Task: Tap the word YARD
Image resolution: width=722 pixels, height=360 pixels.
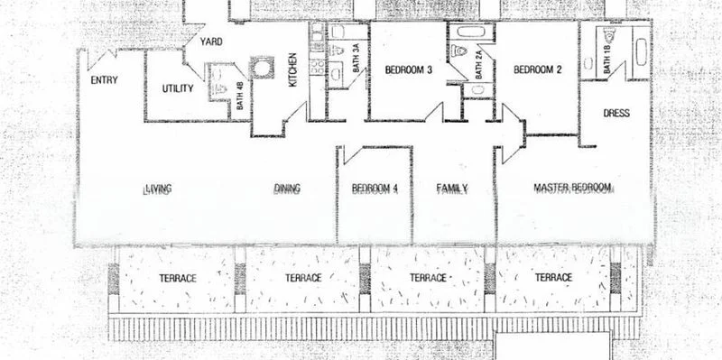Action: pyautogui.click(x=212, y=41)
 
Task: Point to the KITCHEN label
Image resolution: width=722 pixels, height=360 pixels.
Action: pyautogui.click(x=292, y=71)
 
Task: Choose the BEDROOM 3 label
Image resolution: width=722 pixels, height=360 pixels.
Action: pyautogui.click(x=409, y=69)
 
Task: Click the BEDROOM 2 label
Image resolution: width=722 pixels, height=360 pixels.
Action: pyautogui.click(x=537, y=69)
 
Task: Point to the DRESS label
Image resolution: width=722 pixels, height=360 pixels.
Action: pyautogui.click(x=616, y=114)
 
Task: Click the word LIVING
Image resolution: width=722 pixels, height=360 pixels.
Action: pyautogui.click(x=158, y=189)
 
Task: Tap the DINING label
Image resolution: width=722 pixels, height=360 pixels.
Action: pyautogui.click(x=287, y=189)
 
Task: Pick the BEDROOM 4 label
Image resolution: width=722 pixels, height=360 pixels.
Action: pyautogui.click(x=375, y=189)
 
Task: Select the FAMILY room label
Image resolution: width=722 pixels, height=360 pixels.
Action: pyautogui.click(x=451, y=189)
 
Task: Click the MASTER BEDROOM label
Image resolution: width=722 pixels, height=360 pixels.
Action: pyautogui.click(x=572, y=188)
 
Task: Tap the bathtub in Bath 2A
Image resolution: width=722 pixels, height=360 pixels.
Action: pyautogui.click(x=471, y=32)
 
